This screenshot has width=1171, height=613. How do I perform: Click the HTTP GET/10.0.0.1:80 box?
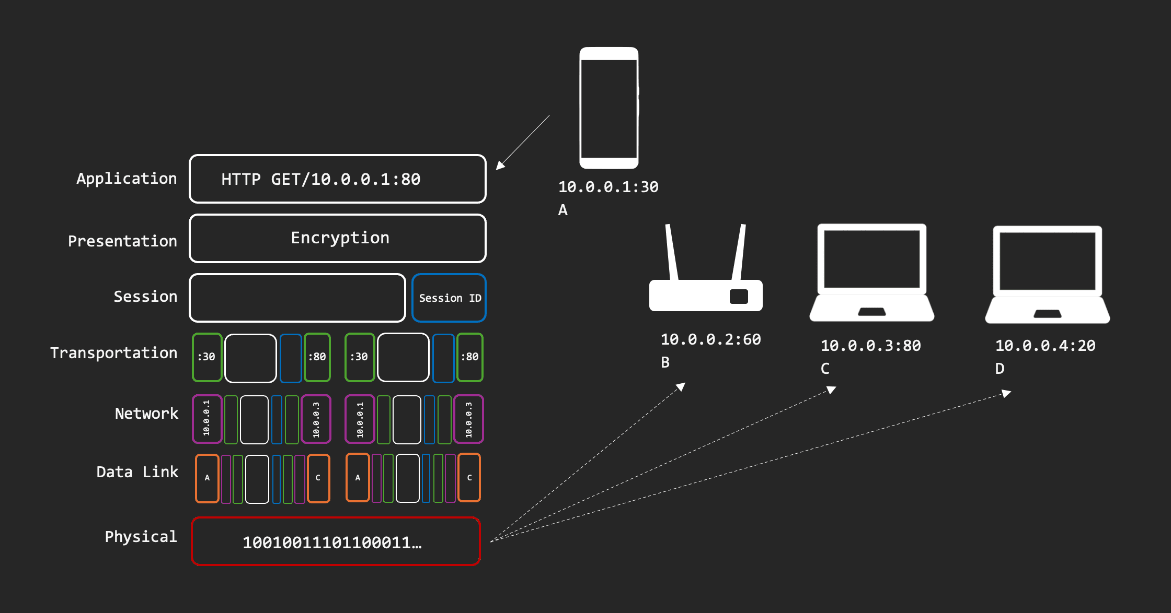click(x=337, y=179)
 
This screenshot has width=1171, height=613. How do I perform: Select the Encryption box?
click(x=337, y=238)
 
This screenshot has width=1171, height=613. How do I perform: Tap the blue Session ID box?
click(x=449, y=298)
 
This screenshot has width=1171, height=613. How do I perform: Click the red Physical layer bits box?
click(x=336, y=541)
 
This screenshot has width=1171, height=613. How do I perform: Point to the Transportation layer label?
click(x=114, y=353)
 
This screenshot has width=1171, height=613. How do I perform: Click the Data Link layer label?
click(x=137, y=472)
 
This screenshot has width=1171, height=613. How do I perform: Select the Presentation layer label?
click(x=122, y=241)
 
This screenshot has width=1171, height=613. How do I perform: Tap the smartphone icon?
click(x=609, y=108)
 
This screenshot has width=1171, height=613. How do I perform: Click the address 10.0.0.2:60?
click(x=710, y=340)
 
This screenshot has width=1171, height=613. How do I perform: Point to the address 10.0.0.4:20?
click(x=1045, y=346)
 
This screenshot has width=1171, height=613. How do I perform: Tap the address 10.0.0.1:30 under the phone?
click(x=608, y=187)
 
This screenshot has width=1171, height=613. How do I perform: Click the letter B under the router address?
click(x=665, y=362)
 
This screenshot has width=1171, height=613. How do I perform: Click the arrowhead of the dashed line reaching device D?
click(x=1006, y=393)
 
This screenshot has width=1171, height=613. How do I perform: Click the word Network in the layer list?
click(x=146, y=414)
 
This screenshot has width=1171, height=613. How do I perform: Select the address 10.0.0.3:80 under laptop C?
click(x=870, y=346)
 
